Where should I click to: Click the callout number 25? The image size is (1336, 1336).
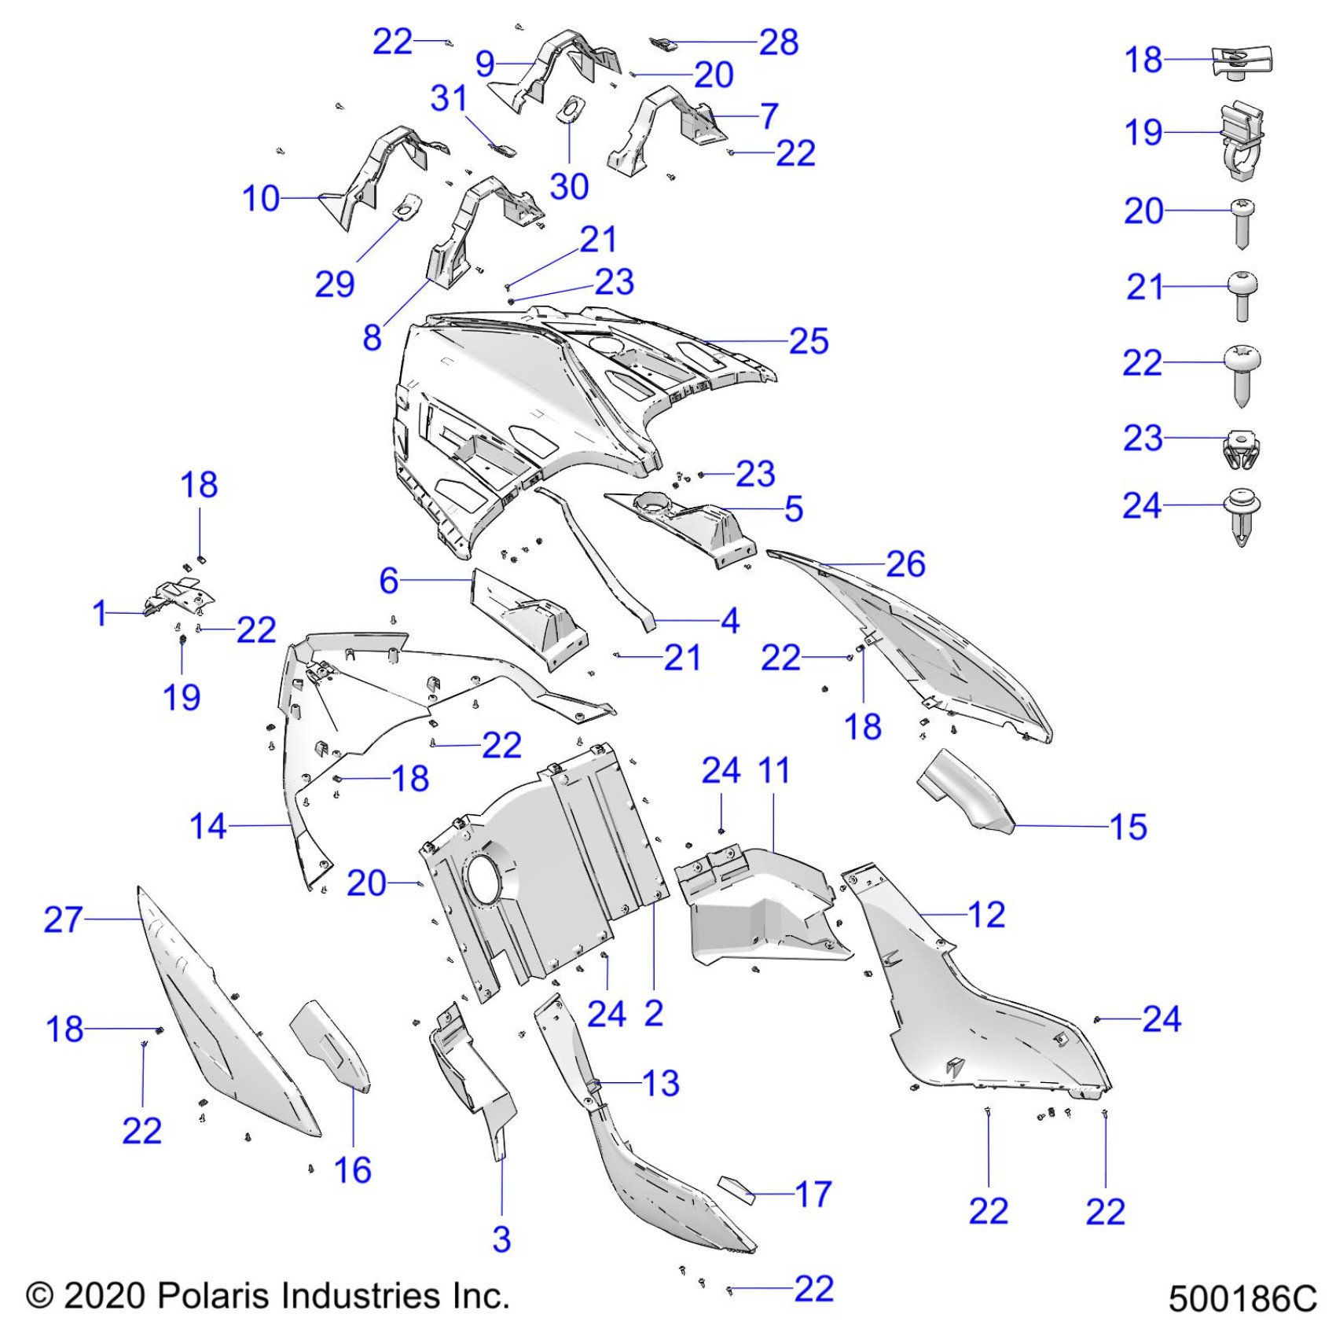click(x=809, y=341)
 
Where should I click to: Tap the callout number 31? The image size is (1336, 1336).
click(x=449, y=99)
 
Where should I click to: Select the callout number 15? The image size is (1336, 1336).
click(x=1128, y=827)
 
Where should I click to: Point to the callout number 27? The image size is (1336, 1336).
click(x=63, y=919)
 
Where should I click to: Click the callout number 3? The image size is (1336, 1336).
click(x=501, y=1239)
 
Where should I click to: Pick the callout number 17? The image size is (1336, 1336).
click(x=813, y=1195)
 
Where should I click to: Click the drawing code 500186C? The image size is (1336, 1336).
click(x=1242, y=1299)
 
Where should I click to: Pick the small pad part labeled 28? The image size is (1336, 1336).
click(x=665, y=43)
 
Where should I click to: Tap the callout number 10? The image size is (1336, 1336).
click(x=261, y=199)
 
